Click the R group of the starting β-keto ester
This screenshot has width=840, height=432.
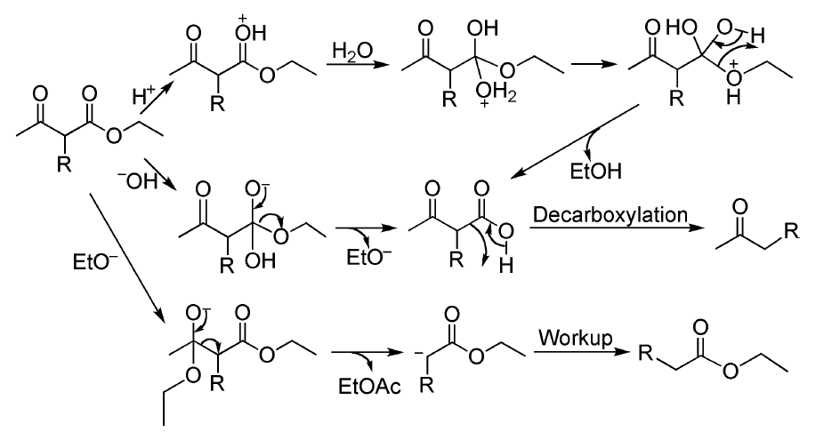click(62, 166)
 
